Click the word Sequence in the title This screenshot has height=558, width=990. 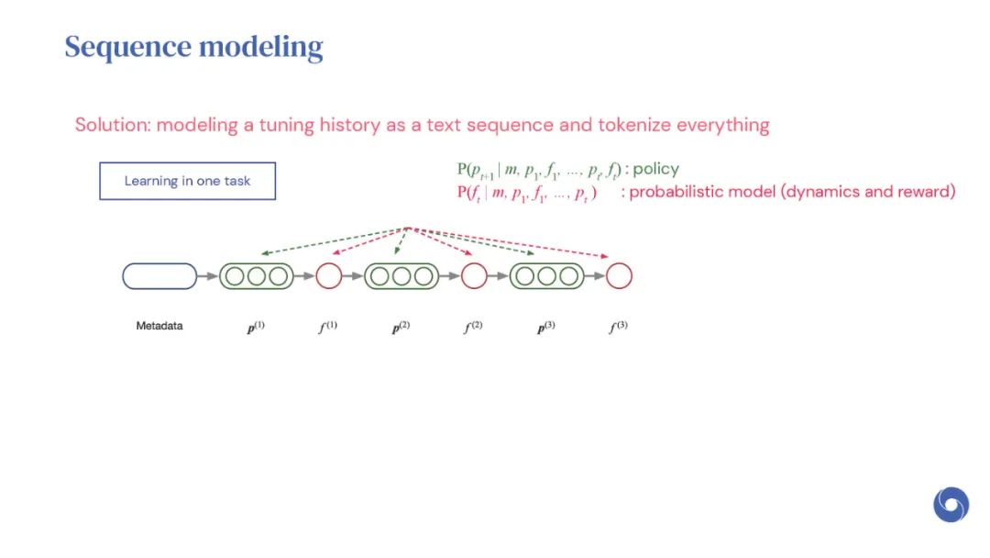point(127,48)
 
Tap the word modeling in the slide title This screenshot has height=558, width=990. point(260,48)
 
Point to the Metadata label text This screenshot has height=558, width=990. point(159,326)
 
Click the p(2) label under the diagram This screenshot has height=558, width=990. point(401,328)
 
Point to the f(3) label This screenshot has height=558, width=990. point(618,327)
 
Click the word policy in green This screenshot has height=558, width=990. point(656,170)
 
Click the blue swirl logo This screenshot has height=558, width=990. point(951,504)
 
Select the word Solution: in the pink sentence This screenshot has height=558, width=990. point(113,125)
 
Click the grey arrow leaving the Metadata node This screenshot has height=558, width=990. point(208,276)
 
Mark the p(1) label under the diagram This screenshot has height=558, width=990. point(256,328)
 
